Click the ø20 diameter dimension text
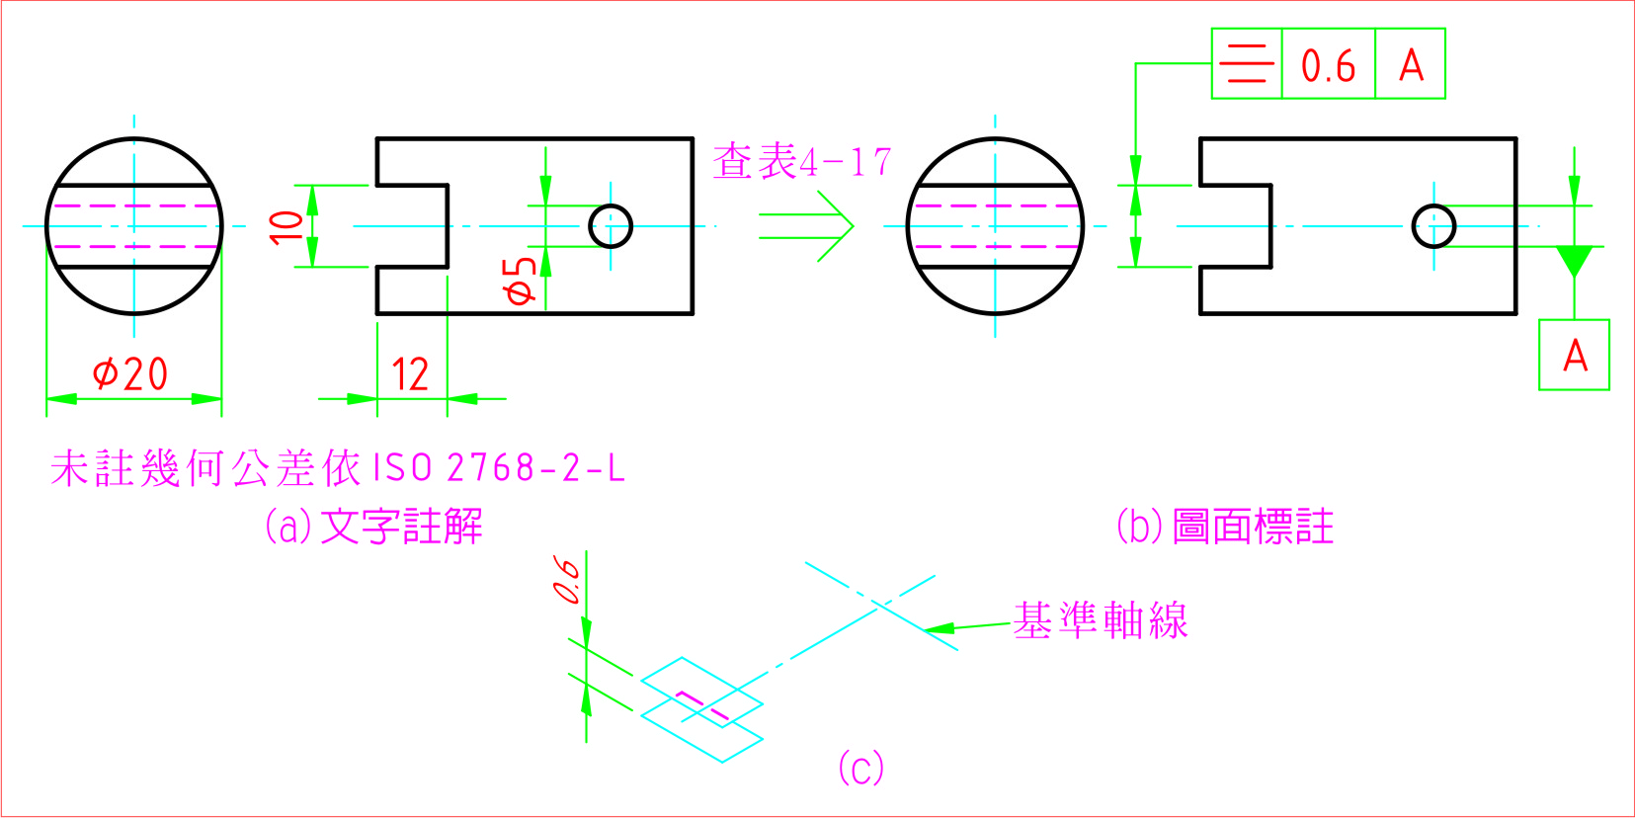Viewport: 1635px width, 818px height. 130,373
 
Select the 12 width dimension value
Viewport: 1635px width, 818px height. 410,375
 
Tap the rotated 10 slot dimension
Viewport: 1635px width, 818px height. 286,226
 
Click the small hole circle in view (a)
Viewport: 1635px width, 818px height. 611,226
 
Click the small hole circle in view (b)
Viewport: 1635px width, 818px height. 1433,226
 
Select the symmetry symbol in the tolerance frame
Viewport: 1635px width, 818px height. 1247,64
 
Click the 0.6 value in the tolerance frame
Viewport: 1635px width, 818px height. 1328,66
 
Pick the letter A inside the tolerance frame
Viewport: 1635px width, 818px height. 1411,66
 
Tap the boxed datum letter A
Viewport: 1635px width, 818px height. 1575,356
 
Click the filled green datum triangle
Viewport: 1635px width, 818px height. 1574,261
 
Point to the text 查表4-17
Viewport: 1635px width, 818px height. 802,161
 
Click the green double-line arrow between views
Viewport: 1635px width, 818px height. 806,226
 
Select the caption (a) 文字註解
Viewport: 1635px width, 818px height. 373,527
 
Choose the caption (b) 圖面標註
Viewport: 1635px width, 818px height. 1225,527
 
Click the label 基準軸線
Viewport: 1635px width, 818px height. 1101,620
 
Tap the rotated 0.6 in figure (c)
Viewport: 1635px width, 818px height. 567,580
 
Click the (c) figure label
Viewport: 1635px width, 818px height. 860,768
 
